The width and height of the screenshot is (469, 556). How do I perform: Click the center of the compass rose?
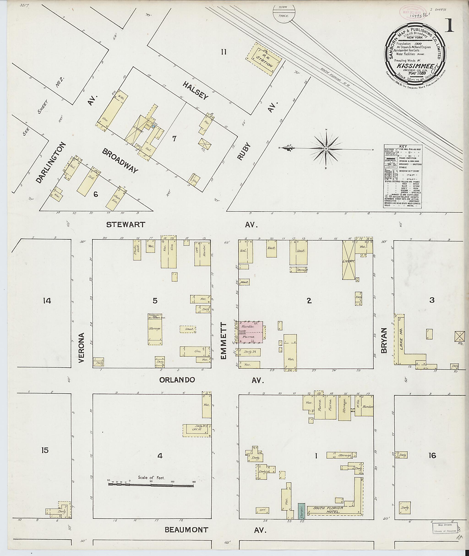coord(326,149)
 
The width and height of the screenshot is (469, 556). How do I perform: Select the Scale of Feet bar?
coord(151,485)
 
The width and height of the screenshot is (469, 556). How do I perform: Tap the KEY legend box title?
coord(403,146)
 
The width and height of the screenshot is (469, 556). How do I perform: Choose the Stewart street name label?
coord(125,225)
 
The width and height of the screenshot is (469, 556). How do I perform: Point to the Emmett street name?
coord(224,341)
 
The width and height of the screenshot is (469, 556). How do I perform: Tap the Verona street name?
coord(81,348)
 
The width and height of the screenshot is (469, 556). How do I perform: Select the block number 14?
coord(47,301)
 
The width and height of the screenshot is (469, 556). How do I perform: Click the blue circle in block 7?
coord(153,126)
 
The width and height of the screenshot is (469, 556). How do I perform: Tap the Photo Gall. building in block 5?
coord(137,250)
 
